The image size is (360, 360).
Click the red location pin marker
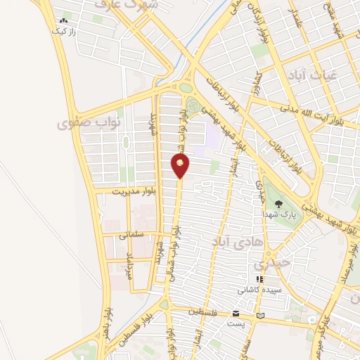(181, 165)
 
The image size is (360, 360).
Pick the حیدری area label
(270, 265)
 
